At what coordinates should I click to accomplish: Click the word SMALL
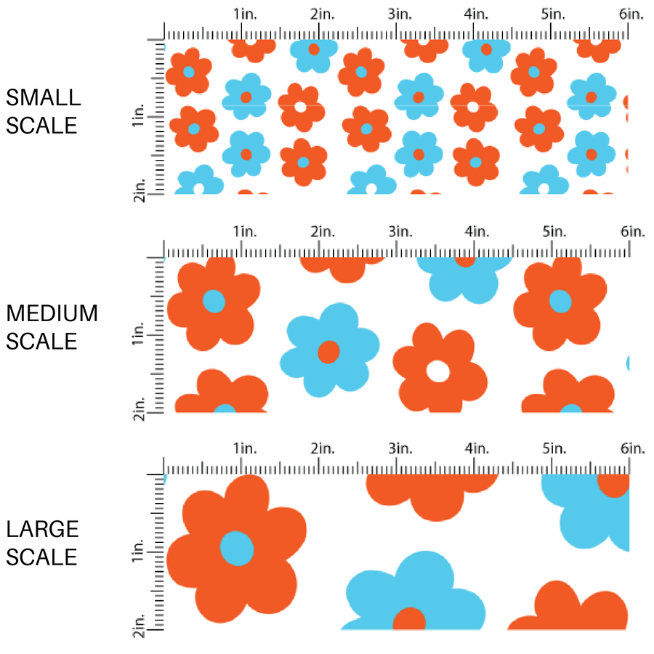point(43,97)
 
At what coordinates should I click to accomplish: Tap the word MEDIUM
point(52,313)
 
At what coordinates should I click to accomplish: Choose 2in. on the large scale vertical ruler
point(140,626)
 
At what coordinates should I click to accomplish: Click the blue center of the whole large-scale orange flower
point(237,548)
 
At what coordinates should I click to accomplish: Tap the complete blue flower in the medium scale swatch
point(330,349)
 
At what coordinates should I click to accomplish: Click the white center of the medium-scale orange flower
point(437,371)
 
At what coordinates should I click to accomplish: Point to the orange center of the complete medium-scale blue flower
point(328,352)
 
